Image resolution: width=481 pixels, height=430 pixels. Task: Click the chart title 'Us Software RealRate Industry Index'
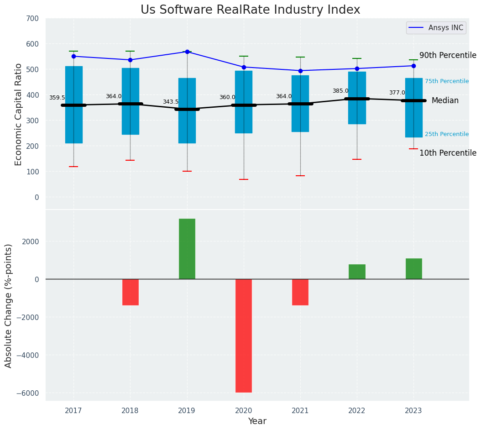[250, 10]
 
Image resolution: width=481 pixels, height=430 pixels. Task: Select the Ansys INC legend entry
[436, 28]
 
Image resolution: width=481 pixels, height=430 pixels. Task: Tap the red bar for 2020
[244, 336]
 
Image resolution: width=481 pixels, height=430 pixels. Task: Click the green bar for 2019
[187, 249]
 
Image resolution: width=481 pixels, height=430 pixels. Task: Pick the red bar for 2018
[131, 292]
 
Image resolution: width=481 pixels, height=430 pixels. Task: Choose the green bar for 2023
[413, 269]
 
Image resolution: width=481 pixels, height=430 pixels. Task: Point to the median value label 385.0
[340, 91]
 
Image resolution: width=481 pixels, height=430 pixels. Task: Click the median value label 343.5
[171, 102]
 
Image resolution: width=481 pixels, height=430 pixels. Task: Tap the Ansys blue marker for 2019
[187, 52]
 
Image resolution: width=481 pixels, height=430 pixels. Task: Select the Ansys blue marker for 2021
[300, 71]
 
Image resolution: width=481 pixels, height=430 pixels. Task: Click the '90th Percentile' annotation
[448, 55]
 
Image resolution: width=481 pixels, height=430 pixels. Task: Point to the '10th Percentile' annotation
[448, 153]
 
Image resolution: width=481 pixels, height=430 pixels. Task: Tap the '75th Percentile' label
[447, 81]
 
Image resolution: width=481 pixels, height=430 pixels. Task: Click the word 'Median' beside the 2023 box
[445, 100]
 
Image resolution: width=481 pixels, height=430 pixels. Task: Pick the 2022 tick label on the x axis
[357, 411]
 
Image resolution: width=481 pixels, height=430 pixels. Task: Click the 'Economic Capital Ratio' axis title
[19, 114]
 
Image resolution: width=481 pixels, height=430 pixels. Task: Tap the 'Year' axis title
[257, 421]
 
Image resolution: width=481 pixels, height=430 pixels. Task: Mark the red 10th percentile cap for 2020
[244, 179]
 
